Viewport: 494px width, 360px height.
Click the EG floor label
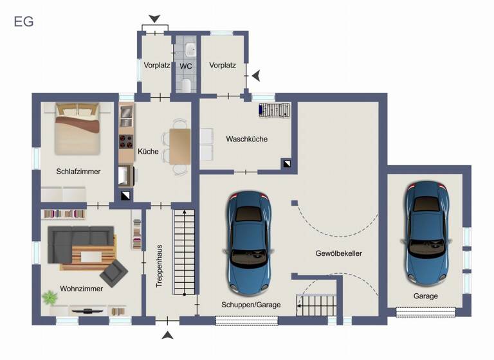click(x=24, y=22)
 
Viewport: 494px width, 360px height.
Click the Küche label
click(x=148, y=152)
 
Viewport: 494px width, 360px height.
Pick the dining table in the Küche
click(x=180, y=146)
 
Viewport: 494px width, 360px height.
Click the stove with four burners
click(x=125, y=143)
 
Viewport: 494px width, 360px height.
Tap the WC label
click(x=186, y=66)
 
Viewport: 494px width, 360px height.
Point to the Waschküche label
click(x=246, y=139)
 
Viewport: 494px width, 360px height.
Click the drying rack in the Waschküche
click(x=274, y=111)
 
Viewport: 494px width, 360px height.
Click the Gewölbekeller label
click(x=339, y=253)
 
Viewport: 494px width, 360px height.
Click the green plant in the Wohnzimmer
click(x=50, y=298)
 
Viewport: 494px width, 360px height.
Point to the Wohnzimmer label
click(x=81, y=289)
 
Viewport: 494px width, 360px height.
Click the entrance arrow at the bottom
click(x=168, y=335)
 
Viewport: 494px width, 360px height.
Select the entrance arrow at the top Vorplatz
click(x=155, y=19)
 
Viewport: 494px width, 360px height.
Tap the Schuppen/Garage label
click(x=251, y=305)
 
